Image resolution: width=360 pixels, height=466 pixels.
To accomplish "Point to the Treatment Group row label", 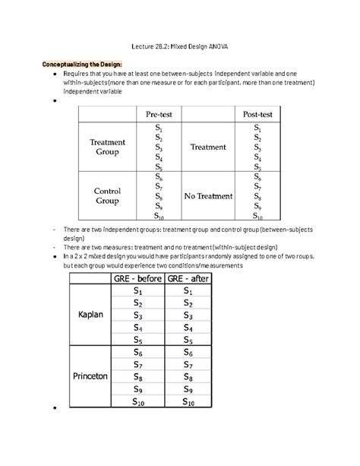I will pos(109,147).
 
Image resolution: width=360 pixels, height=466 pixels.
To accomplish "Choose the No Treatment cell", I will pos(207,196).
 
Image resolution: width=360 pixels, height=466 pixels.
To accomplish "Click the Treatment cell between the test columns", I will pos(207,147).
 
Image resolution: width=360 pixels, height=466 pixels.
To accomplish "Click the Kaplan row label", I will pos(90,315).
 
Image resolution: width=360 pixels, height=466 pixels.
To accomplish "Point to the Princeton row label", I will pos(90,376).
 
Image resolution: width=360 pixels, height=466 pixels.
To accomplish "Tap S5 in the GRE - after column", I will pos(190,340).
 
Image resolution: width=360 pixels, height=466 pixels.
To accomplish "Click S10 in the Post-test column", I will pos(257,216).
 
